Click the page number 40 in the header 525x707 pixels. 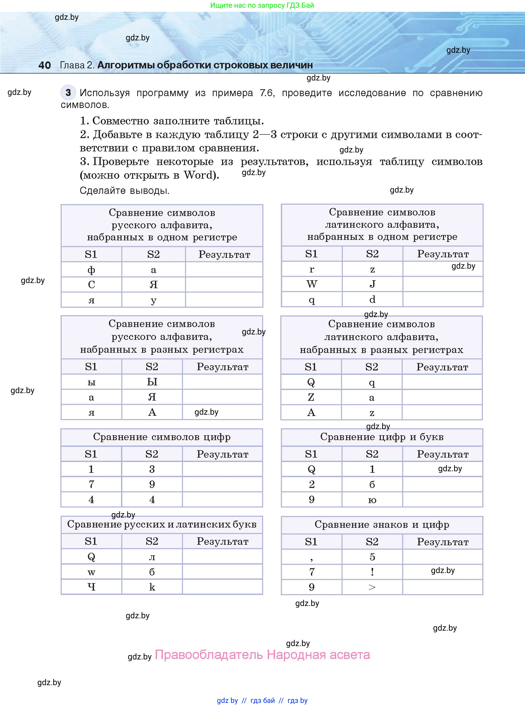click(44, 65)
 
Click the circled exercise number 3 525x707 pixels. click(68, 93)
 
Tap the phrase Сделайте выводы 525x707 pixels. click(124, 191)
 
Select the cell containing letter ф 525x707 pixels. click(91, 270)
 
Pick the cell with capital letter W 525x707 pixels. click(311, 284)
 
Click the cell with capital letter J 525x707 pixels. click(372, 284)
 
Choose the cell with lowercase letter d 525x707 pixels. click(372, 299)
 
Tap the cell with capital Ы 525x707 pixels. click(152, 382)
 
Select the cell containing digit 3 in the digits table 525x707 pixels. click(152, 469)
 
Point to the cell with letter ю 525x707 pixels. click(372, 500)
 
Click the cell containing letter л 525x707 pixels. click(152, 557)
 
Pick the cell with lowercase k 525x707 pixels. click(152, 587)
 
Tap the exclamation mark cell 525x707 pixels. click(372, 572)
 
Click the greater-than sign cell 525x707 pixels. click(372, 587)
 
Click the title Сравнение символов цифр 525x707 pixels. click(162, 437)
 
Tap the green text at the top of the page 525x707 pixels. click(262, 5)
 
